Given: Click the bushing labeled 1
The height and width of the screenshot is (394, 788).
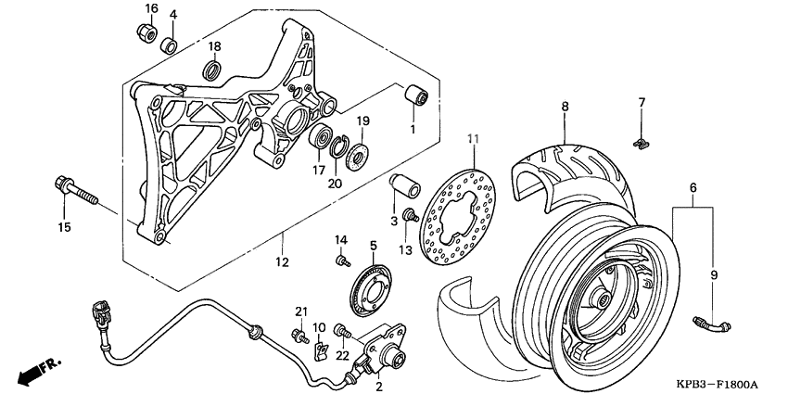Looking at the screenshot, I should pos(415,98).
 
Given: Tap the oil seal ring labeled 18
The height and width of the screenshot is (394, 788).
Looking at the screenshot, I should pos(213,69).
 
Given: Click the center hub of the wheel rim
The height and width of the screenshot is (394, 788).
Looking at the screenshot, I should pos(597,300).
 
